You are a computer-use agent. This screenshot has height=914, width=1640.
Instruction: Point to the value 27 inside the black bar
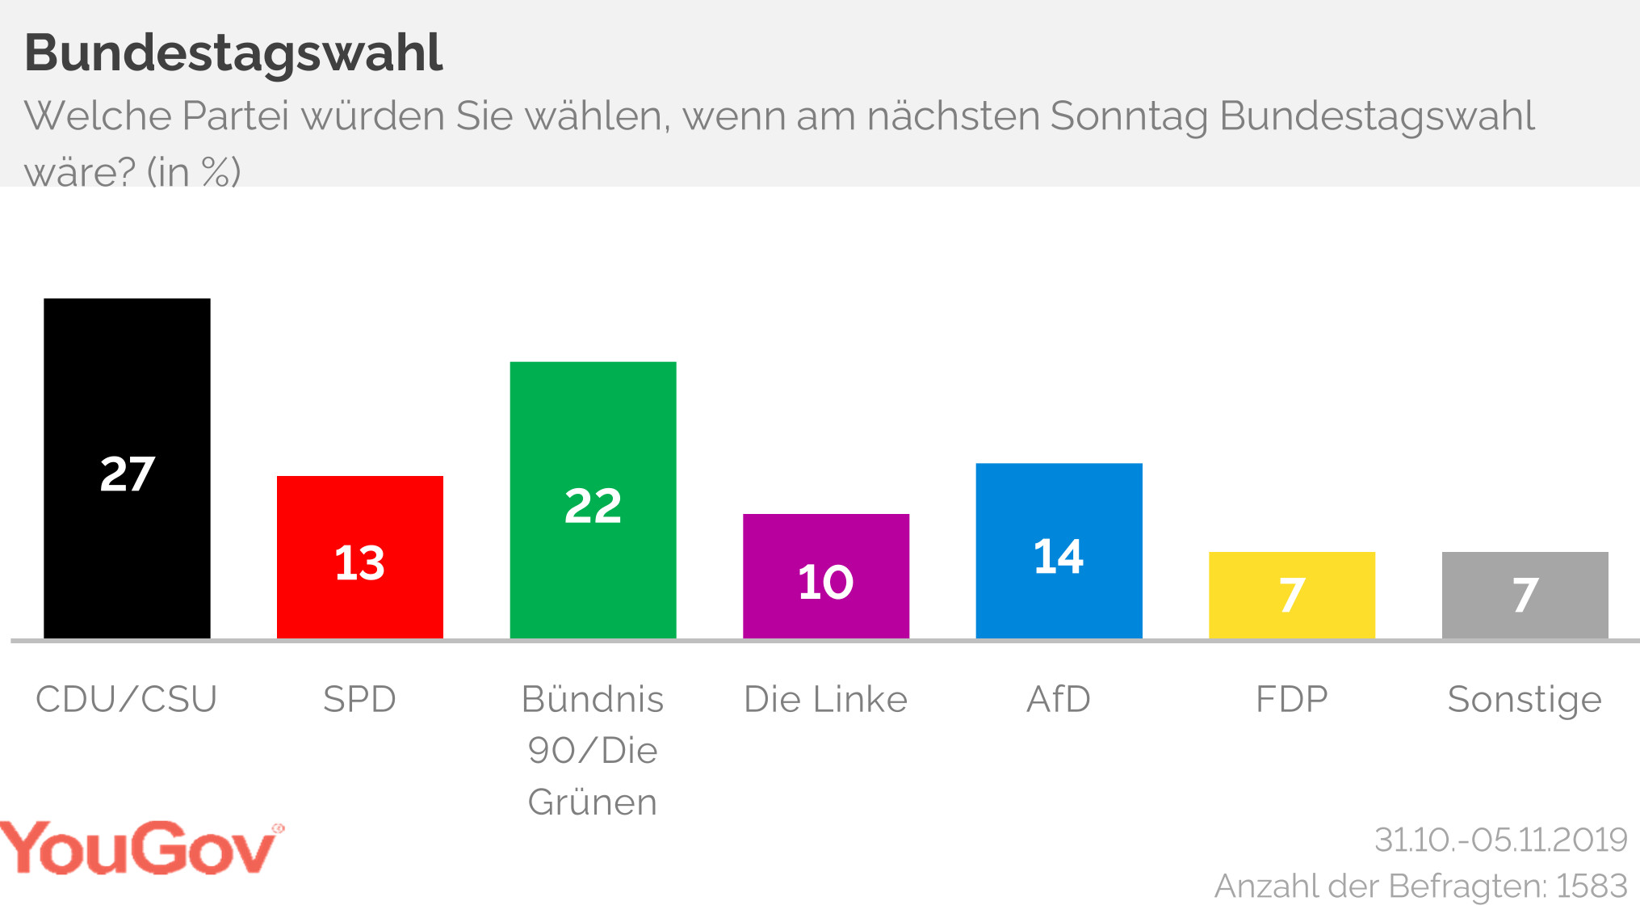coord(127,474)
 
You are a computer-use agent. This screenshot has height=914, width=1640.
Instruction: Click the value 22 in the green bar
coord(593,507)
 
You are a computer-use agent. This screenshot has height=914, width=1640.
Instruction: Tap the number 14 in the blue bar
coord(1059,557)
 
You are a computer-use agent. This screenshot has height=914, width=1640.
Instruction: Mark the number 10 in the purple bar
coord(825,582)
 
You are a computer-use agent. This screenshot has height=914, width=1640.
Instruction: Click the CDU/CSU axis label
coord(127,699)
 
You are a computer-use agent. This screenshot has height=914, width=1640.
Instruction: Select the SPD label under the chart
coord(359,699)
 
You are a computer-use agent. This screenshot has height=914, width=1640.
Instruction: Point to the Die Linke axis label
coord(825,699)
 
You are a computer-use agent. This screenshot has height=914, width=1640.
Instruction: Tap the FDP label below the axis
coord(1291,699)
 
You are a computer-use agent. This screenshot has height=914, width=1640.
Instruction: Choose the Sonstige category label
coord(1525,700)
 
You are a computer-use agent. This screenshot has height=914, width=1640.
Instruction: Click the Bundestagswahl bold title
coord(233,53)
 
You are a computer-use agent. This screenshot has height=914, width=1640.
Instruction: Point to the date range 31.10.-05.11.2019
coord(1500,840)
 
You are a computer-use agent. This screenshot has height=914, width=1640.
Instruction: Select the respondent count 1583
coord(1592,887)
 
